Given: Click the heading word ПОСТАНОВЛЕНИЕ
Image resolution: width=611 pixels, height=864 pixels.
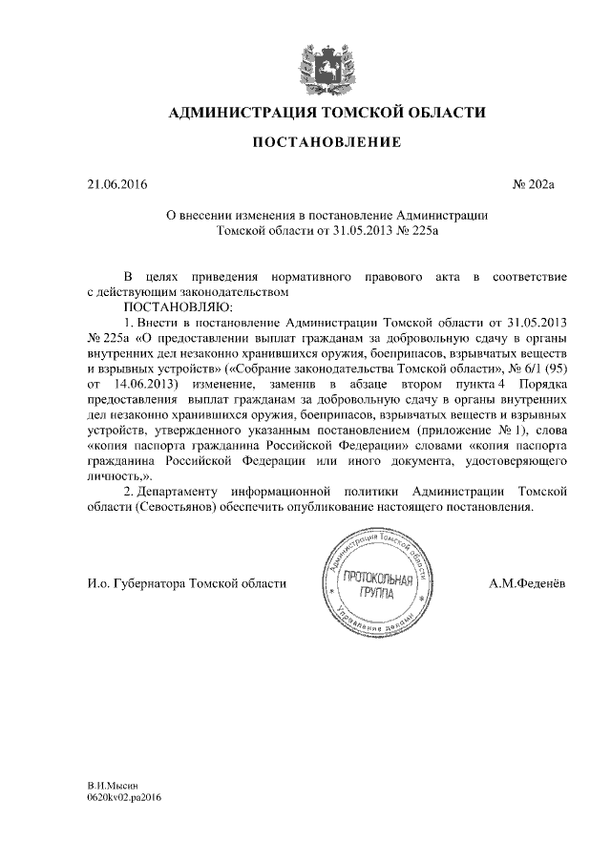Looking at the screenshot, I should point(326,144).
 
